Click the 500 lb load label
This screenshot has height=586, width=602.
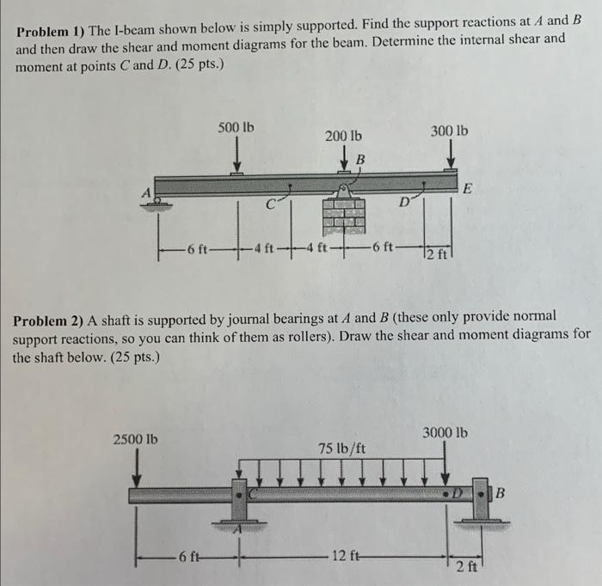tap(236, 128)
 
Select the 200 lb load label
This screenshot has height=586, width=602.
tap(343, 136)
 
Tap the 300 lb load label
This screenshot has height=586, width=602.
tap(451, 131)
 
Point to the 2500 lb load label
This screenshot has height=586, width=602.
tap(136, 439)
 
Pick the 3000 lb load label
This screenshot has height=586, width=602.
tap(445, 432)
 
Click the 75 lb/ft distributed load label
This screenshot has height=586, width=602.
tap(341, 449)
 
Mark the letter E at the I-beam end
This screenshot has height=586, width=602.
tap(467, 188)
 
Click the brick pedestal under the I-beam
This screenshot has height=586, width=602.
tap(343, 216)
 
